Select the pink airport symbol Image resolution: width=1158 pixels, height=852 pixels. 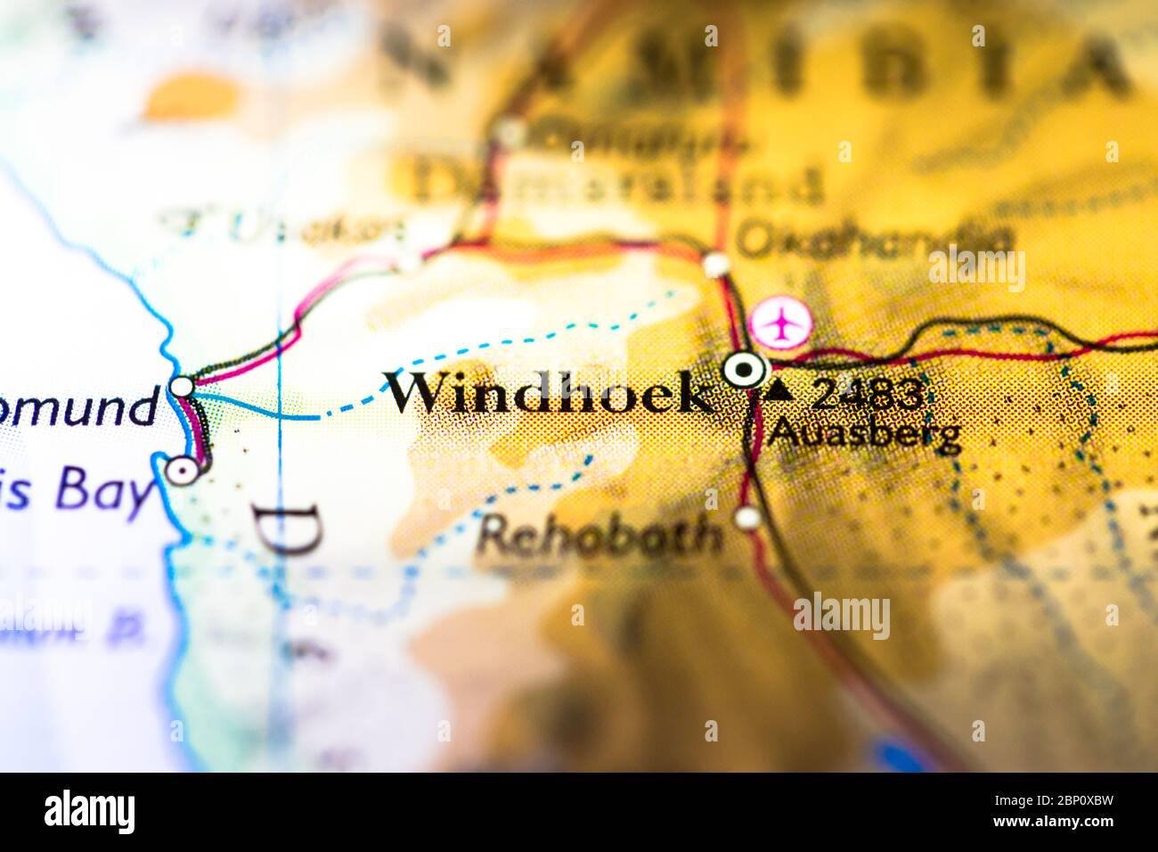[x=781, y=322]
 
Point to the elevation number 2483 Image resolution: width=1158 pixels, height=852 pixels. [x=865, y=393]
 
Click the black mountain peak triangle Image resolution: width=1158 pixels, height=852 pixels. [x=781, y=389]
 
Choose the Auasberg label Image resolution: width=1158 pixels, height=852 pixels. [x=866, y=434]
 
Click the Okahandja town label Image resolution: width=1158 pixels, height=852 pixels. [x=876, y=240]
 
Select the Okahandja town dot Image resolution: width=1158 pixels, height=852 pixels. [x=716, y=265]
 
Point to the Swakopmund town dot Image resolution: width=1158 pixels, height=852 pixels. [x=182, y=387]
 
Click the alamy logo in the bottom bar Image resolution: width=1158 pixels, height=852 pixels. [x=89, y=812]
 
